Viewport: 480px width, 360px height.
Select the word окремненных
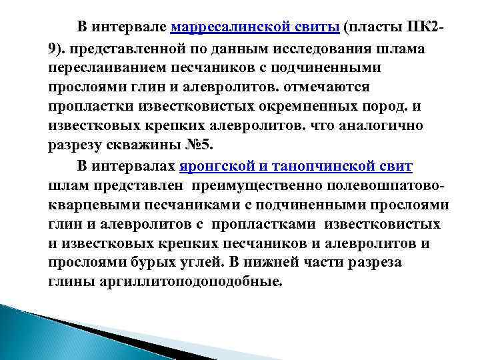(x=277, y=107)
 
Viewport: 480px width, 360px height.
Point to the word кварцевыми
(x=91, y=204)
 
